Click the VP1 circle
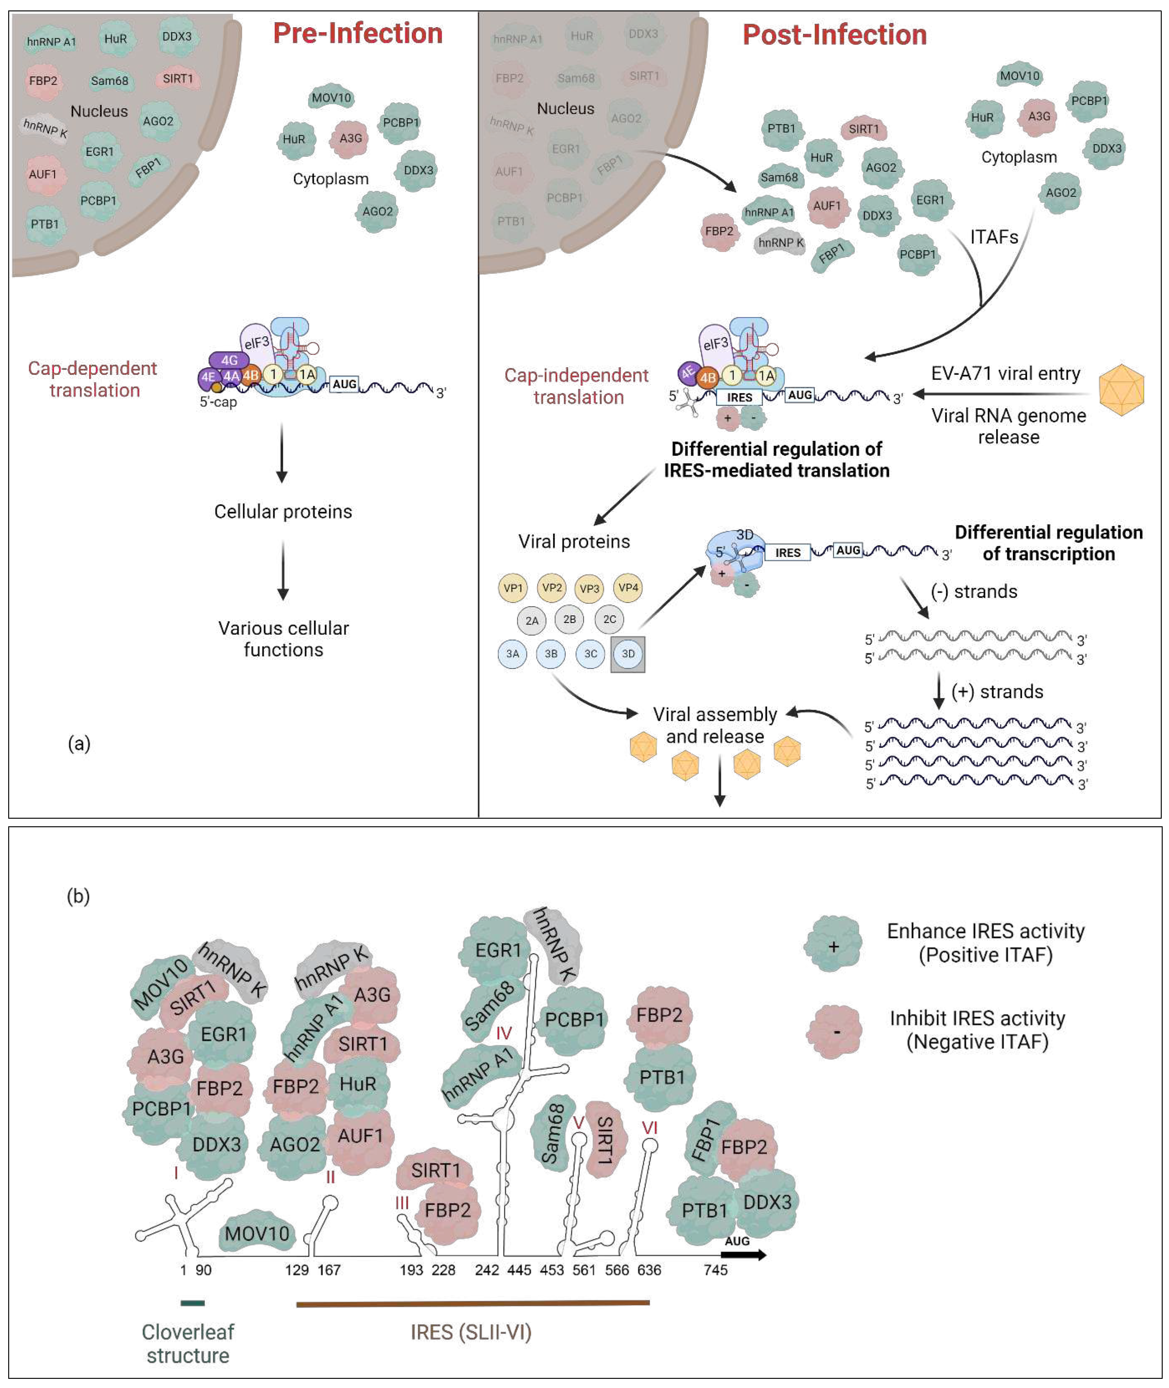513,588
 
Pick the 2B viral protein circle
569,619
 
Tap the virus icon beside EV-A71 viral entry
1121,390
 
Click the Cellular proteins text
283,512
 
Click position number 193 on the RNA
411,1270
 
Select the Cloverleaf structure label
188,1344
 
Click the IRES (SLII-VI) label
471,1332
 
